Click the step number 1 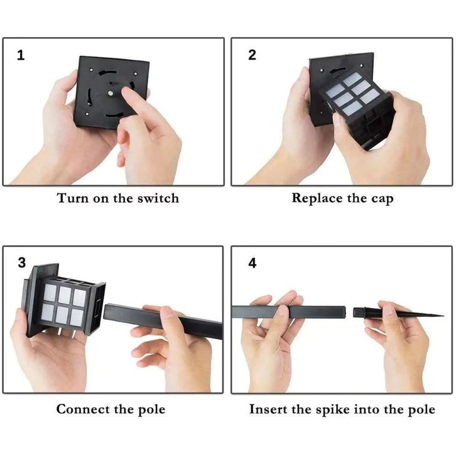[x=21, y=55]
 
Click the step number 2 [x=252, y=55]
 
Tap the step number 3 [x=22, y=263]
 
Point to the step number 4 [x=252, y=263]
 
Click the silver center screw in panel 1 [x=111, y=93]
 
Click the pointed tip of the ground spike [x=443, y=315]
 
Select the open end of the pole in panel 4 [x=345, y=312]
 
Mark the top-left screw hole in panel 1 [x=91, y=70]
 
